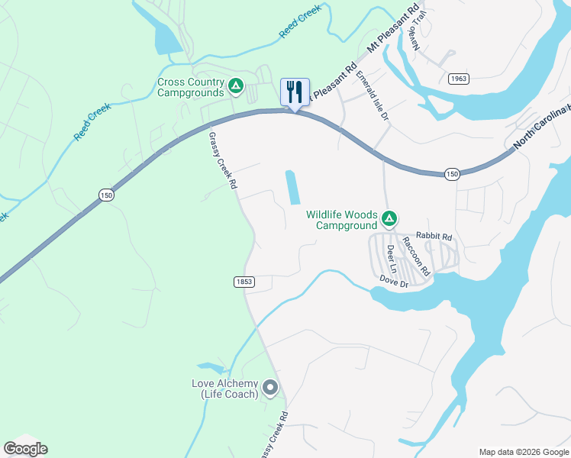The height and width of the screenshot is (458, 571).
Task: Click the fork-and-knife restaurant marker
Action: tap(295, 92)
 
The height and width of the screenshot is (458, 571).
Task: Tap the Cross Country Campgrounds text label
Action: tap(191, 87)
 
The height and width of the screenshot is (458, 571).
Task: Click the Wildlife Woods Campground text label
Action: tap(342, 220)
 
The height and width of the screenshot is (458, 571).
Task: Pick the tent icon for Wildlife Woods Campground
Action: tap(389, 220)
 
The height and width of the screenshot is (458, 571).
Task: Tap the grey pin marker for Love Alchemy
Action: tap(269, 389)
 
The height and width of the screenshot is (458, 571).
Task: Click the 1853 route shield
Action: tap(244, 282)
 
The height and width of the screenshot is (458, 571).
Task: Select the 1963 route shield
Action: tap(459, 79)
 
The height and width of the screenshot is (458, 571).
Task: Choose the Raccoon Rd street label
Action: tap(418, 255)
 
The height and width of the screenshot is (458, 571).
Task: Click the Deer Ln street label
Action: tap(392, 259)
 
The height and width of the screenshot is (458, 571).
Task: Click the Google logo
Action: tap(25, 449)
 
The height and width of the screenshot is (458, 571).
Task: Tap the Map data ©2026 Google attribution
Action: tap(523, 452)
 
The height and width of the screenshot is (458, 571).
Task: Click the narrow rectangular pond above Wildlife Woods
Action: tap(292, 188)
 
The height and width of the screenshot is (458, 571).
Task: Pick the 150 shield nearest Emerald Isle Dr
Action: tap(453, 174)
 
